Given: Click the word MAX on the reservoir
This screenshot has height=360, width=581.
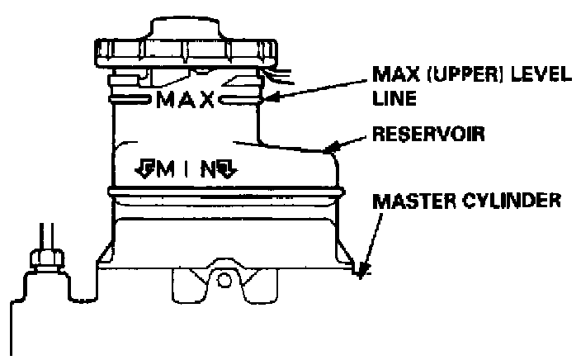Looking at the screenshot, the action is coord(186,102).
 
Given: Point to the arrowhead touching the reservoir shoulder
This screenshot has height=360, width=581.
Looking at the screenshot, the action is coord(333,149).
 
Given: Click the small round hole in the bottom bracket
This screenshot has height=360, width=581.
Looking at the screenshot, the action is coord(224,279).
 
